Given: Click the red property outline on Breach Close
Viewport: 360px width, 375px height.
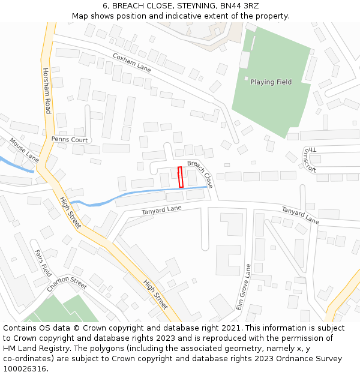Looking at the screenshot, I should [181, 177].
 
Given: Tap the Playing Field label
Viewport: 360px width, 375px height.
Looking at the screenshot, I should [271, 82].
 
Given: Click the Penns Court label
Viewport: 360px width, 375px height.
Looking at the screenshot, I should [70, 139].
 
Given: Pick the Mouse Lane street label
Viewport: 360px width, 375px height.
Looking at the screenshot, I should [24, 151].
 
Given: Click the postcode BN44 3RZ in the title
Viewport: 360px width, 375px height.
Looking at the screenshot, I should [239, 6].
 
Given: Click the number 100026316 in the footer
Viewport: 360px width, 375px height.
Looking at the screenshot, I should [24, 368].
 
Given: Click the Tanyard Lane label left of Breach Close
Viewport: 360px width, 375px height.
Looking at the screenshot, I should [161, 209].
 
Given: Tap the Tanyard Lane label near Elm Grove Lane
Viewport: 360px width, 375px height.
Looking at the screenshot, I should [300, 214].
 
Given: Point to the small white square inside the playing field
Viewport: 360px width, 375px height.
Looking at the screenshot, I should [246, 78].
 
